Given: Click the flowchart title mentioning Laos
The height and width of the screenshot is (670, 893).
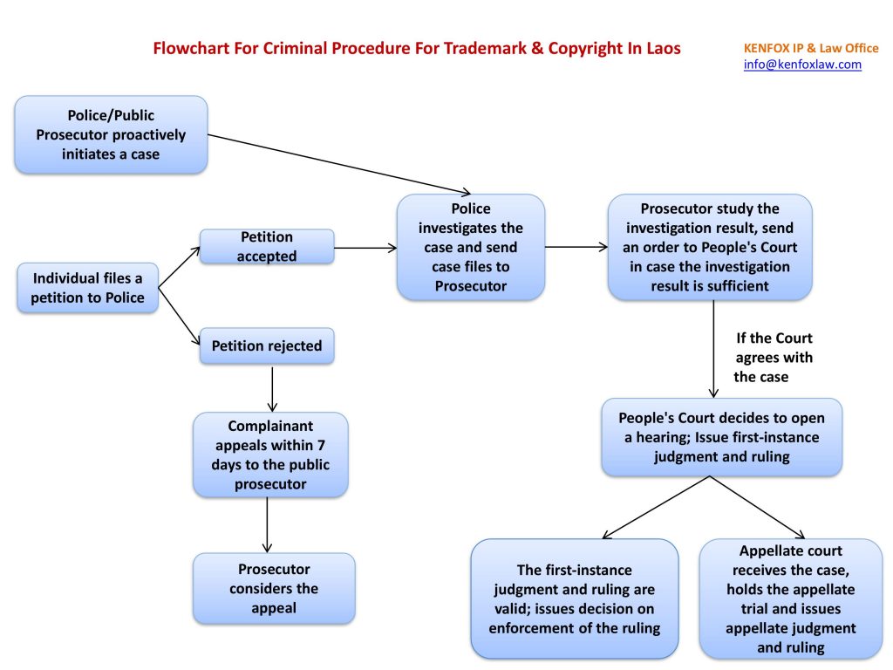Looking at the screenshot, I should click(417, 49).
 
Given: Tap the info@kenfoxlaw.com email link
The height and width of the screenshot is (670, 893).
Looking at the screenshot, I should click(802, 65).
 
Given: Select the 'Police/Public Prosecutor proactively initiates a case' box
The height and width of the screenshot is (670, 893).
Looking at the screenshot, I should click(111, 135).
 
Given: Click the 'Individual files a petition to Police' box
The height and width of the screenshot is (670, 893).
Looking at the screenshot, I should click(88, 288).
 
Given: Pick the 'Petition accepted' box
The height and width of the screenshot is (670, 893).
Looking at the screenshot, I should click(267, 247).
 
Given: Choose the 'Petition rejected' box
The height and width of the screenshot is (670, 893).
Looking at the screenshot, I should click(267, 346).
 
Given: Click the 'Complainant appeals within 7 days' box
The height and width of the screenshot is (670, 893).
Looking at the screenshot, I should click(270, 455).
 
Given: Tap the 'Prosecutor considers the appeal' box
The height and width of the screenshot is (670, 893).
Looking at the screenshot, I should click(274, 588).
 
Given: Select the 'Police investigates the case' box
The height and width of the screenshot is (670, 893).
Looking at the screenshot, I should click(471, 247).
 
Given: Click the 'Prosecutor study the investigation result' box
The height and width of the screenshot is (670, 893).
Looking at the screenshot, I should click(710, 247).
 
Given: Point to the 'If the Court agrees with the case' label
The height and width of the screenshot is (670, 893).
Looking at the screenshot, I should click(774, 358).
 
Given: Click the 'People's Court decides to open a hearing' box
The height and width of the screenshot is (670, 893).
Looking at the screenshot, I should click(721, 437).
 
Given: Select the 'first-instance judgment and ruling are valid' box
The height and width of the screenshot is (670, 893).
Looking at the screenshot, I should click(574, 598).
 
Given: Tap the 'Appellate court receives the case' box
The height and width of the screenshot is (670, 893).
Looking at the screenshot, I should click(790, 598).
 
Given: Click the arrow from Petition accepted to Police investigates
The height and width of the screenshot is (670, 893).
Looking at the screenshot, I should click(365, 248).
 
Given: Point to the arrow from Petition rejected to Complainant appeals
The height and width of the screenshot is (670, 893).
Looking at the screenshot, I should click(273, 388).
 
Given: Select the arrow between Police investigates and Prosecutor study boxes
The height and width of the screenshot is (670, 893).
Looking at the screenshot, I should click(576, 248).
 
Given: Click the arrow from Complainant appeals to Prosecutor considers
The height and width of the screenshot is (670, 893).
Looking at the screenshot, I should click(267, 524).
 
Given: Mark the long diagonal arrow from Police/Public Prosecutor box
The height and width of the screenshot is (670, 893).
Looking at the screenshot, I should click(340, 164).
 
